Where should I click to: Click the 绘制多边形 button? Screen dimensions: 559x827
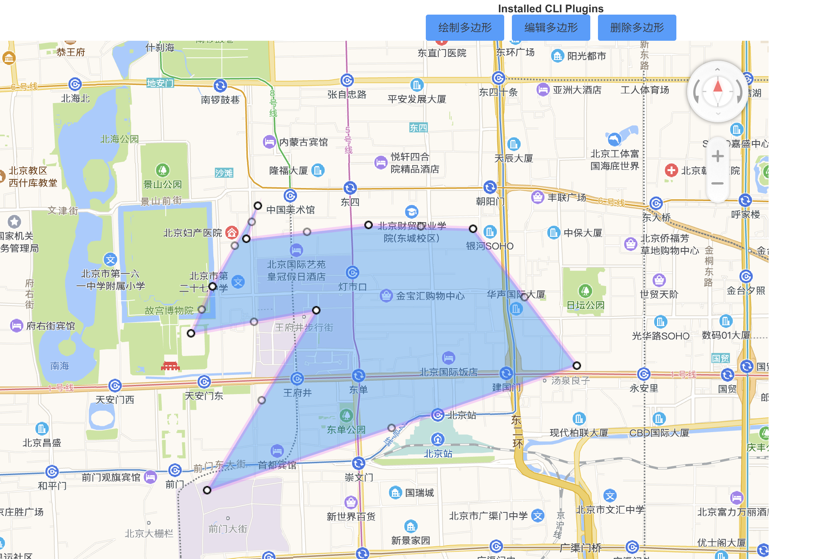coord(465,28)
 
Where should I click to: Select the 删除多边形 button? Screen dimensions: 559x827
coord(637,28)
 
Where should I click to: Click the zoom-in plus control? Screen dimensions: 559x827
coord(717,156)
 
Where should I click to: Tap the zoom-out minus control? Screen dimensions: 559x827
coord(717,183)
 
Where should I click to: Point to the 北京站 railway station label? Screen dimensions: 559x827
coord(438,454)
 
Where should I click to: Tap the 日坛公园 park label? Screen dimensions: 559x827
coord(585,305)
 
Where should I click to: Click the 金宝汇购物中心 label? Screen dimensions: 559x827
coord(430,296)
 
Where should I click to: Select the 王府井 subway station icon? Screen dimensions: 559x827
coord(297,379)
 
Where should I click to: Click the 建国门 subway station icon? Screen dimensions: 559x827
coord(506,373)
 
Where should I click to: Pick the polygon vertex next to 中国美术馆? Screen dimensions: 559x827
coord(258,206)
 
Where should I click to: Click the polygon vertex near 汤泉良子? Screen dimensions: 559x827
coord(577,366)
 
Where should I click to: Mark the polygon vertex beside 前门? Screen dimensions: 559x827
coord(207,490)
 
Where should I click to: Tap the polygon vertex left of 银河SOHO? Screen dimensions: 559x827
coord(473,229)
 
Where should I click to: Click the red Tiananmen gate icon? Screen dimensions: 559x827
coord(170,366)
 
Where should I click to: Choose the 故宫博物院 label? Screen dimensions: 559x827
coord(169,311)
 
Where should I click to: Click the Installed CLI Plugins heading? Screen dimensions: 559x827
coord(550,8)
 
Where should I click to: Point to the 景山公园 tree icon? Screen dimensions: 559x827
coord(163,170)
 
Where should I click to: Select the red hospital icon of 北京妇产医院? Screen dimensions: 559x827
coord(232,232)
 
